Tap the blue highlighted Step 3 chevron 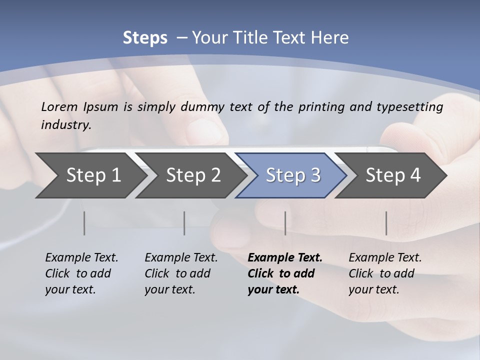(293, 175)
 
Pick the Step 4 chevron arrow (393, 175)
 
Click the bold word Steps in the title (145, 38)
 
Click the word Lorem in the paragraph (59, 107)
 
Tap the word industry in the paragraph (66, 125)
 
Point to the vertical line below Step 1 (84, 223)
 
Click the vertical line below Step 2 (184, 223)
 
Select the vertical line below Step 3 (285, 223)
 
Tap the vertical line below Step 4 (386, 223)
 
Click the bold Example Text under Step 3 (285, 258)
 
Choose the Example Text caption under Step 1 (81, 258)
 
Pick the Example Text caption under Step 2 (181, 258)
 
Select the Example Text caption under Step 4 (385, 258)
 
